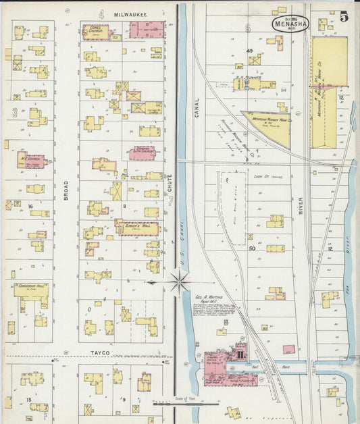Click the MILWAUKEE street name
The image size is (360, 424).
(130, 14)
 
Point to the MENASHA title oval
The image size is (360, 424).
(290, 24)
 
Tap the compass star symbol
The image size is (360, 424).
(179, 282)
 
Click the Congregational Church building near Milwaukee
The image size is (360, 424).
(96, 31)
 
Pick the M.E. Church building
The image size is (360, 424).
(31, 161)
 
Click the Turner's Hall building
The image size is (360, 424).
(137, 228)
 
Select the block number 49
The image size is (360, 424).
(249, 51)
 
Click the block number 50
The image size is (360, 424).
(252, 248)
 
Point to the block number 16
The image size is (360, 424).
(30, 207)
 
